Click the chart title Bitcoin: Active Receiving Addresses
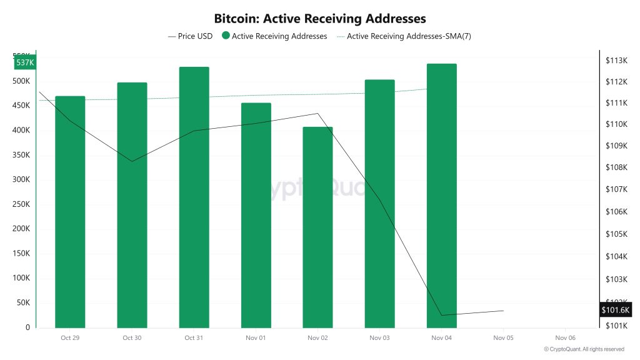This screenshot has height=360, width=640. (x=320, y=19)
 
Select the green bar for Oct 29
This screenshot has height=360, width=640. (x=70, y=212)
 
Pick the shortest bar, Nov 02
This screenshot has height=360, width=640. (x=317, y=228)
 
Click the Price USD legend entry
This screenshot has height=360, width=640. (x=191, y=36)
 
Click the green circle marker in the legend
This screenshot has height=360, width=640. (x=225, y=36)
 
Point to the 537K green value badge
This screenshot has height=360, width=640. (x=25, y=62)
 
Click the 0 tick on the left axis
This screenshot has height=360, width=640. (x=27, y=327)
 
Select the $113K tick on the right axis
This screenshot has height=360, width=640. (x=616, y=60)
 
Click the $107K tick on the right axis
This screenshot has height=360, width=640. (x=616, y=189)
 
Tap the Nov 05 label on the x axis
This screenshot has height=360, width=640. (x=503, y=337)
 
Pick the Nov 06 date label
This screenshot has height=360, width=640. (x=565, y=337)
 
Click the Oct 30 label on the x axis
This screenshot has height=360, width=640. (x=132, y=337)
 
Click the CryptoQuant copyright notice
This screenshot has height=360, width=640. (x=584, y=349)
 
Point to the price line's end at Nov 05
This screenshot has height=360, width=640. (x=503, y=311)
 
